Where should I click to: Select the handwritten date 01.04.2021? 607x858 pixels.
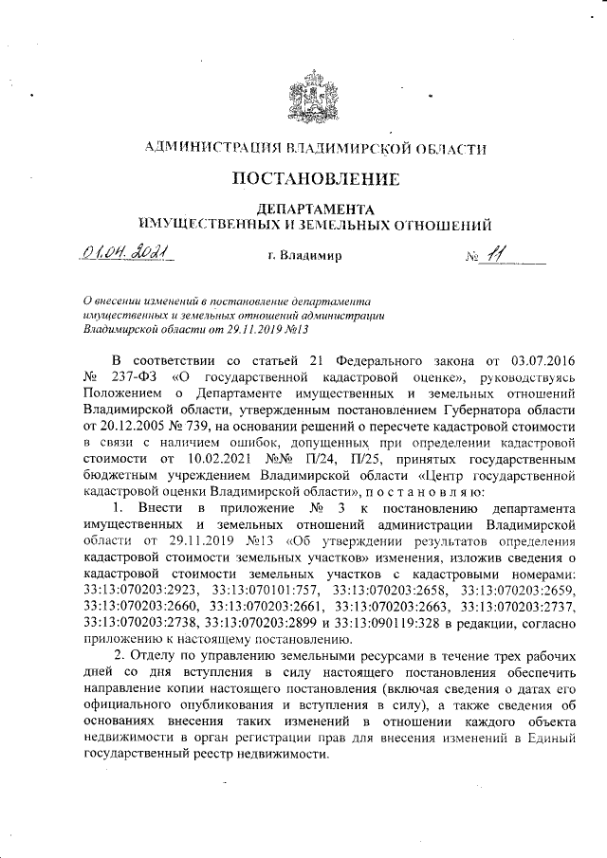123,254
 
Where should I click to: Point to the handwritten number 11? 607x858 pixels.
493,254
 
